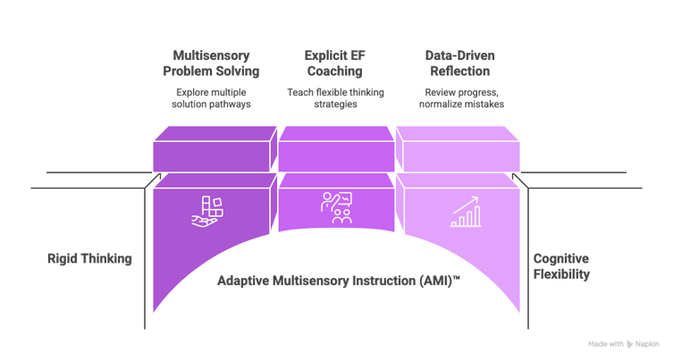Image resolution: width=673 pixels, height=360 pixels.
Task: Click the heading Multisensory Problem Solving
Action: [x=211, y=63]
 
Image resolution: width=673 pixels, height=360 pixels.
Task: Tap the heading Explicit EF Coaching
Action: [x=336, y=63]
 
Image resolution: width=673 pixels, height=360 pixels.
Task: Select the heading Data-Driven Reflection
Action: [x=458, y=63]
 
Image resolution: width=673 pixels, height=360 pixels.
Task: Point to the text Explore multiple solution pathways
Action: [x=211, y=99]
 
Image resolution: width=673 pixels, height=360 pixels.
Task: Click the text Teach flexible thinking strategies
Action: [x=336, y=99]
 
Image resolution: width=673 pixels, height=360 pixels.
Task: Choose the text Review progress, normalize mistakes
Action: [x=458, y=99]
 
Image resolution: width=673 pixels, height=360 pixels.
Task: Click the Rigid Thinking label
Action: [x=89, y=259]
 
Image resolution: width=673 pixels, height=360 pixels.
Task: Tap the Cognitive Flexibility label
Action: [x=561, y=266]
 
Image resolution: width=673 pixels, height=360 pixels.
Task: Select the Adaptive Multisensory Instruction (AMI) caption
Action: [x=339, y=280]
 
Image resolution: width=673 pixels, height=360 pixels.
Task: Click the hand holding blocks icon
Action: [x=210, y=211]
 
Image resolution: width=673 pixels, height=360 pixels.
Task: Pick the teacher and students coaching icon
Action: [x=336, y=208]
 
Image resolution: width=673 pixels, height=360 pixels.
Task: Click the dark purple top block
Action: [x=211, y=149]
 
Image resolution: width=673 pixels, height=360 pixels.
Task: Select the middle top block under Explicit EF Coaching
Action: [x=336, y=149]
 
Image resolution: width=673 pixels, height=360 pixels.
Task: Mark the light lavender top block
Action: [x=460, y=149]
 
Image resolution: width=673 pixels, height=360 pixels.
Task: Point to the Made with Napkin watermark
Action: [x=625, y=343]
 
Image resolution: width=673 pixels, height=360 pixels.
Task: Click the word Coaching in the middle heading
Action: [x=336, y=70]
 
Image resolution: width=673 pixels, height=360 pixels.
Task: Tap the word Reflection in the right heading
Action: [x=458, y=70]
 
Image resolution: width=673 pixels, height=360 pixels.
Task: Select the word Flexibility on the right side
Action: [x=561, y=274]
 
